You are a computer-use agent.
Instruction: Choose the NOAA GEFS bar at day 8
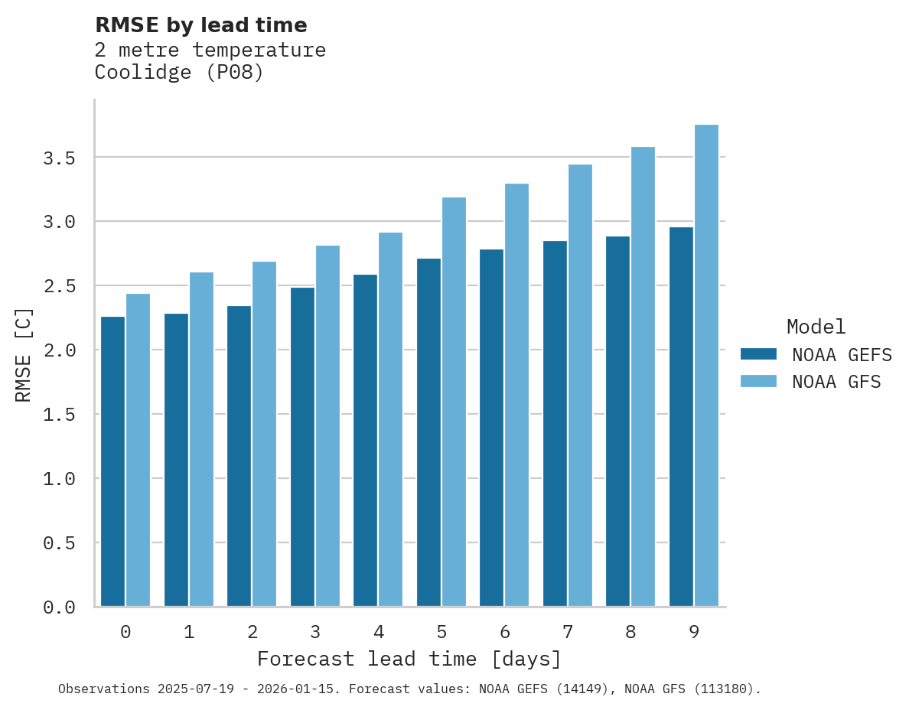tap(617, 422)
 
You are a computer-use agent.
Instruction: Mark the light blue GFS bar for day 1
tap(201, 439)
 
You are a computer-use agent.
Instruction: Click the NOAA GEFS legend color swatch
tap(758, 354)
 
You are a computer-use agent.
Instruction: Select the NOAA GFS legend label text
tap(836, 381)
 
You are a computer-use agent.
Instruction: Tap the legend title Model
tap(816, 327)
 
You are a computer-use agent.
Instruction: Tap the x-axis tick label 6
tap(504, 632)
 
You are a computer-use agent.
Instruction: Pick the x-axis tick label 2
tap(252, 632)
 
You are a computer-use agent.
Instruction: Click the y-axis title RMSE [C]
tap(24, 355)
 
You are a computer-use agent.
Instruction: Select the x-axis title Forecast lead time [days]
tap(409, 659)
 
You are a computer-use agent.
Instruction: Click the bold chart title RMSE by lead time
tap(200, 25)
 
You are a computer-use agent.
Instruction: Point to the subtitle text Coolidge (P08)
tap(179, 73)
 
